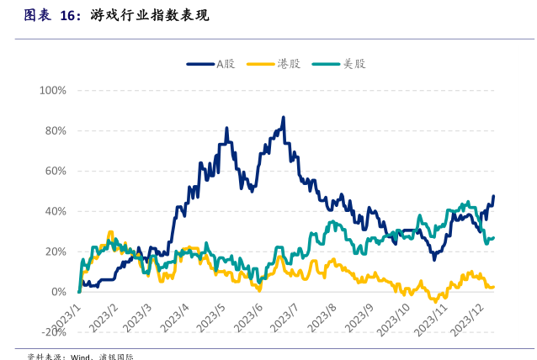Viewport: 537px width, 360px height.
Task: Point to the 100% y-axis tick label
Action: click(x=52, y=90)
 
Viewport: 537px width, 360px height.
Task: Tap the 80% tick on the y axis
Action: click(x=55, y=130)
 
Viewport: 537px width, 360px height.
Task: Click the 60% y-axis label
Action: click(x=55, y=171)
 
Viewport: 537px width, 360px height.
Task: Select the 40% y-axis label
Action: click(x=55, y=211)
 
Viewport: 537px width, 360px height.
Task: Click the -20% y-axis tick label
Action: click(x=53, y=332)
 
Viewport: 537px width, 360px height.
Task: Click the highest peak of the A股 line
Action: click(x=284, y=118)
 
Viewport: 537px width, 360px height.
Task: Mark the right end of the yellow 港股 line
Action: click(x=493, y=287)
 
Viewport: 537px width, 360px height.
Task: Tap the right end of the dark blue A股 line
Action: click(x=494, y=196)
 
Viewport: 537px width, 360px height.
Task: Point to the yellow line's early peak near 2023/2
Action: click(x=109, y=232)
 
